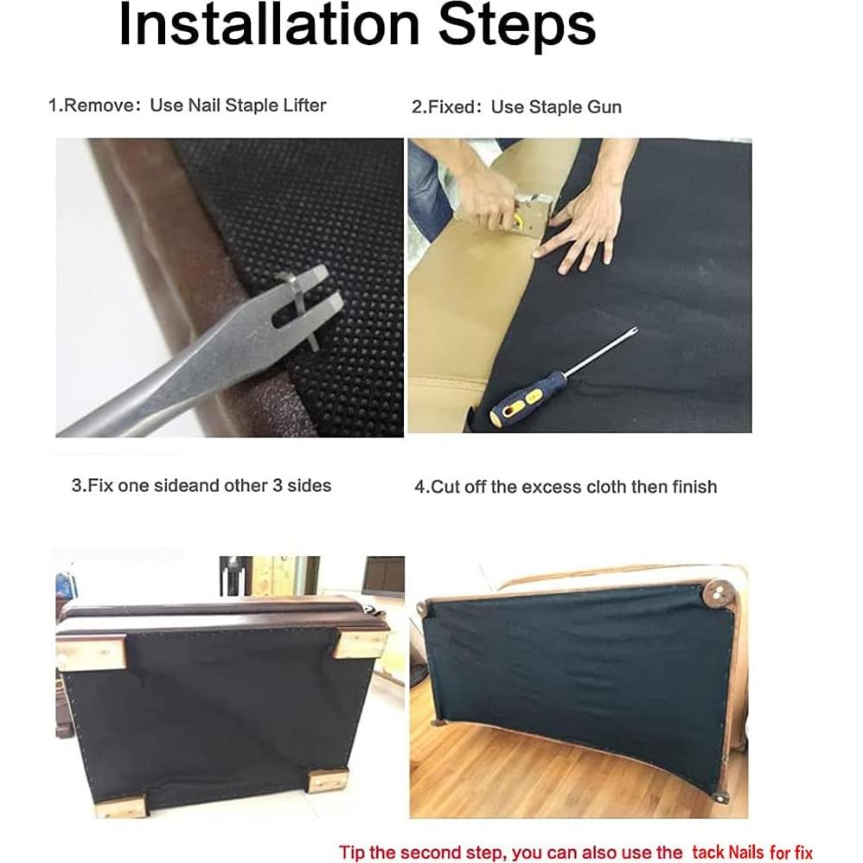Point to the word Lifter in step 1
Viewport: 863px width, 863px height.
pyautogui.click(x=304, y=105)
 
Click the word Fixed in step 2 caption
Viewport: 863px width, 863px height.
pyautogui.click(x=447, y=106)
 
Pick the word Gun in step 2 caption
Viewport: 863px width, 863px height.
pyautogui.click(x=604, y=106)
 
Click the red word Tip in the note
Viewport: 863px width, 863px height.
pyautogui.click(x=352, y=852)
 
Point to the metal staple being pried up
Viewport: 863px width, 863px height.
pyautogui.click(x=299, y=308)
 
